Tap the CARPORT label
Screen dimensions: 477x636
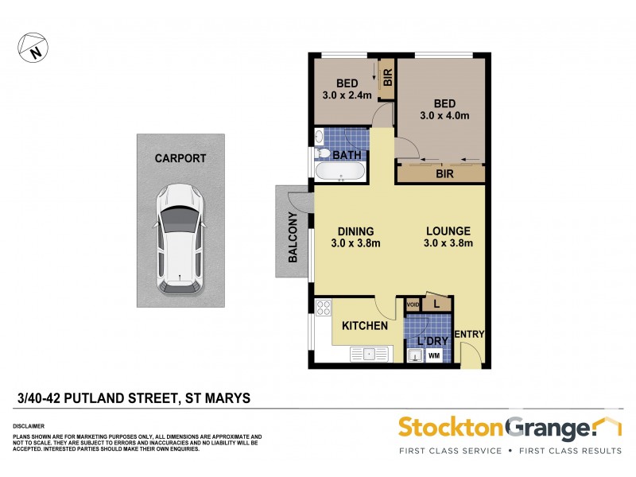pyautogui.click(x=180, y=158)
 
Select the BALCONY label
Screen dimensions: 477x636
pyautogui.click(x=293, y=238)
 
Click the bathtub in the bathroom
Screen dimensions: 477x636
pyautogui.click(x=340, y=172)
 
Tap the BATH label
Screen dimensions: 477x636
pyautogui.click(x=347, y=154)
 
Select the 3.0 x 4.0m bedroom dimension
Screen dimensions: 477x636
pyautogui.click(x=444, y=115)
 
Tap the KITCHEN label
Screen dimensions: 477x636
pyautogui.click(x=365, y=326)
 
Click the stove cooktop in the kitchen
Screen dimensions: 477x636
pyautogui.click(x=324, y=307)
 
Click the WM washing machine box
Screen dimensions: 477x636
pyautogui.click(x=434, y=355)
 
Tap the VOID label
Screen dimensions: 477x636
pyautogui.click(x=412, y=304)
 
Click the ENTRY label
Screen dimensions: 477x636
pyautogui.click(x=468, y=334)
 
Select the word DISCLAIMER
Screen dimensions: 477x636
pyautogui.click(x=29, y=426)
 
